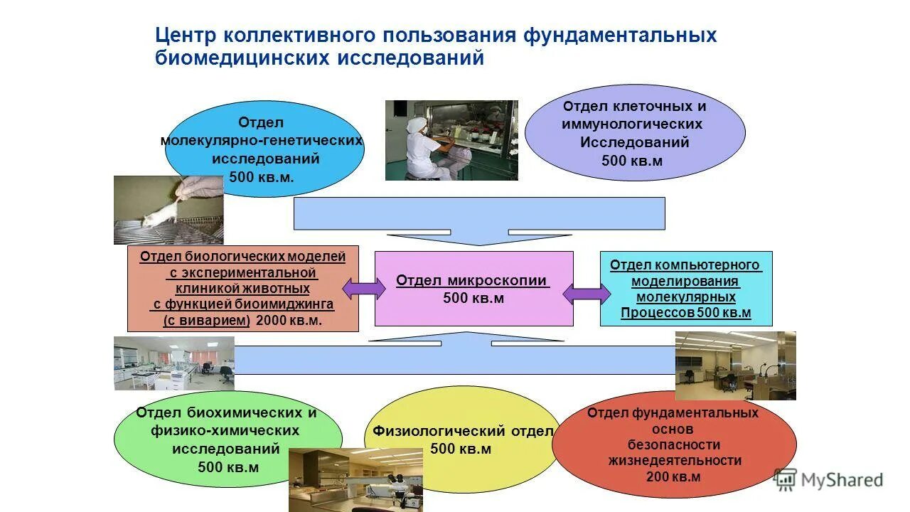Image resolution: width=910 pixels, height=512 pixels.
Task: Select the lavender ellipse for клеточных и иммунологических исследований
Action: pyautogui.click(x=634, y=133)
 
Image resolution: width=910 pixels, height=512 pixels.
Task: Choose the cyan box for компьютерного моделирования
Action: pyautogui.click(x=686, y=288)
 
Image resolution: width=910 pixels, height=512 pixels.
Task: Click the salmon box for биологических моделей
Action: pyautogui.click(x=242, y=288)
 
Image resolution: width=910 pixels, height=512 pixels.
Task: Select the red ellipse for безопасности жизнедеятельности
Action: pyautogui.click(x=673, y=444)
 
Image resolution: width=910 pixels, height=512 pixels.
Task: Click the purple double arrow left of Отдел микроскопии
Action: pyautogui.click(x=364, y=289)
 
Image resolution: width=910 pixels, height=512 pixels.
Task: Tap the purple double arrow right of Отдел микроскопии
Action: pyautogui.click(x=587, y=293)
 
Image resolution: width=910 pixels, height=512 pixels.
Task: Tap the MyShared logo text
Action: pyautogui.click(x=842, y=481)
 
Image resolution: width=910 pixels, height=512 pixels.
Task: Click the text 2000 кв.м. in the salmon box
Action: pyautogui.click(x=289, y=321)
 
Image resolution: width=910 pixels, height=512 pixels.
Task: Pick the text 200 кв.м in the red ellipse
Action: pyautogui.click(x=673, y=476)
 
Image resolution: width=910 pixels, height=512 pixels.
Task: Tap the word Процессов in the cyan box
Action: pyautogui.click(x=657, y=313)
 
